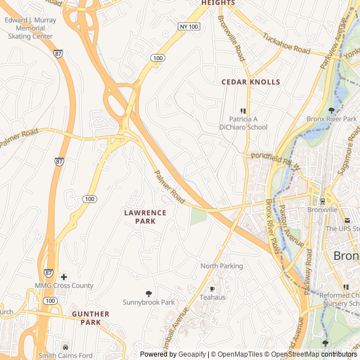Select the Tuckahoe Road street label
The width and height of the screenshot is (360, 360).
pos(286,43)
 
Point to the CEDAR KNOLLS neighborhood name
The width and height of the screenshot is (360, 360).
pos(250,82)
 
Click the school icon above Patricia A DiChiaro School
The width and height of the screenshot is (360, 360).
pos(243,111)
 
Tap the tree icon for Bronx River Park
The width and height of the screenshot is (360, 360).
pos(331,111)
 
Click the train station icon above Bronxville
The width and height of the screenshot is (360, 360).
pos(322,201)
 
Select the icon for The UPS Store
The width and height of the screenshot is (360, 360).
pos(347,220)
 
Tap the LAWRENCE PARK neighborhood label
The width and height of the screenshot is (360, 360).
pos(145,217)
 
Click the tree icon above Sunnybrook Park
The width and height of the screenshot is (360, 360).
pos(148,293)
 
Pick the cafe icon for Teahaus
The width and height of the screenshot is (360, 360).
pos(212,289)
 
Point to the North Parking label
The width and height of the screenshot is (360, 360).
pos(222,266)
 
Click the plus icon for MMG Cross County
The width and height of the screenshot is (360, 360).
pos(64,277)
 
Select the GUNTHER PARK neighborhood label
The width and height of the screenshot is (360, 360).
pos(90,318)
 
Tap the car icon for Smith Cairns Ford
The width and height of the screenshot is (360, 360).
pos(66,346)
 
